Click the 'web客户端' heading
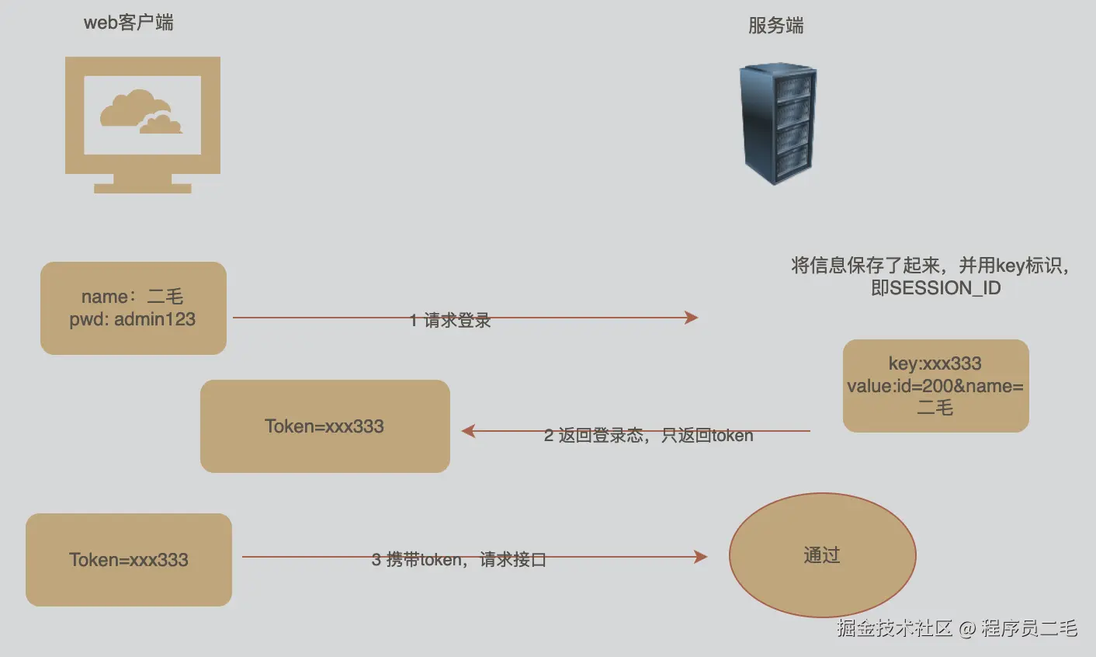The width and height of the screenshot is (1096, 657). [x=128, y=23]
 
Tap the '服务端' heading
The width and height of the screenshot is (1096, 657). [x=775, y=26]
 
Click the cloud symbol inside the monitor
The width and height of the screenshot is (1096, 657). [x=140, y=112]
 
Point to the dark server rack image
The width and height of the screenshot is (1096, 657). [x=778, y=124]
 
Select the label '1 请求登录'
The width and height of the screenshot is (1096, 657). [x=450, y=320]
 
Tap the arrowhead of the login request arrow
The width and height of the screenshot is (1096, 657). [x=692, y=317]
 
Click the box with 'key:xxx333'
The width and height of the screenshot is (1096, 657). [x=935, y=385]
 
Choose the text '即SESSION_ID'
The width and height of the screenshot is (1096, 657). [x=935, y=288]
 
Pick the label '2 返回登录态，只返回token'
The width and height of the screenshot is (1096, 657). [x=648, y=436]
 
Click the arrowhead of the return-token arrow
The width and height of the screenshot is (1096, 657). [x=468, y=430]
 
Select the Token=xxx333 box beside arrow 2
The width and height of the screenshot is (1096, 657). [x=324, y=426]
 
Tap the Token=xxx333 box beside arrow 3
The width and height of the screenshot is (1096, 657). [x=129, y=559]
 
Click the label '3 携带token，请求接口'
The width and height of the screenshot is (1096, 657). [x=458, y=559]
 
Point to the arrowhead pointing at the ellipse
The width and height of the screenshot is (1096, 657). [x=701, y=556]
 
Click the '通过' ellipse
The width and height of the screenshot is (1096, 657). [x=822, y=555]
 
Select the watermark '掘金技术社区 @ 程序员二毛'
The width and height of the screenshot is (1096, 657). [x=956, y=627]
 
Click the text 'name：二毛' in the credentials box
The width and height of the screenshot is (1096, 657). [x=132, y=297]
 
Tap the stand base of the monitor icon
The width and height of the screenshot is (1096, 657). [x=143, y=188]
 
